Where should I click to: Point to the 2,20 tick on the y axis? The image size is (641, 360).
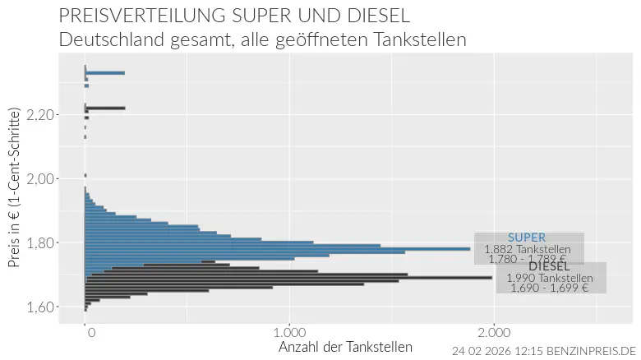pos(41,115)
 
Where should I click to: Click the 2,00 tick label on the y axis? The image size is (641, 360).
pos(41,179)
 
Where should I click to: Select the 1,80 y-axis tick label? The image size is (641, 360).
pos(41,243)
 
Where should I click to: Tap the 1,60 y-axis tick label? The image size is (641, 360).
pos(41,307)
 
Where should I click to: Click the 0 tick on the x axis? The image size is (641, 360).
pos(90,332)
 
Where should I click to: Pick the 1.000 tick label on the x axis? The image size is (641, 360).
pos(288,332)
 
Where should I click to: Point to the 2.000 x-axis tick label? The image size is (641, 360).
pos(492,332)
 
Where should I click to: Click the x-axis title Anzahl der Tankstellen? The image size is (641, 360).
pos(345,347)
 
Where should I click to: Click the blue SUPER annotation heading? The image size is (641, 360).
pos(526,238)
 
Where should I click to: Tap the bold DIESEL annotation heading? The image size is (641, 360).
pos(549,266)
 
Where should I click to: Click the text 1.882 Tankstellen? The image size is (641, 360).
pos(528,249)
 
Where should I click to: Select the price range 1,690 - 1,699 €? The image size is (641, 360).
pos(549,288)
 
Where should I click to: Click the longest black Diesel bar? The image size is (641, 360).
pos(288,278)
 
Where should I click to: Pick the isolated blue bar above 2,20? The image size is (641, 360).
pos(105,73)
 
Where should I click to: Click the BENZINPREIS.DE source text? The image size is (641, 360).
pos(585,351)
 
